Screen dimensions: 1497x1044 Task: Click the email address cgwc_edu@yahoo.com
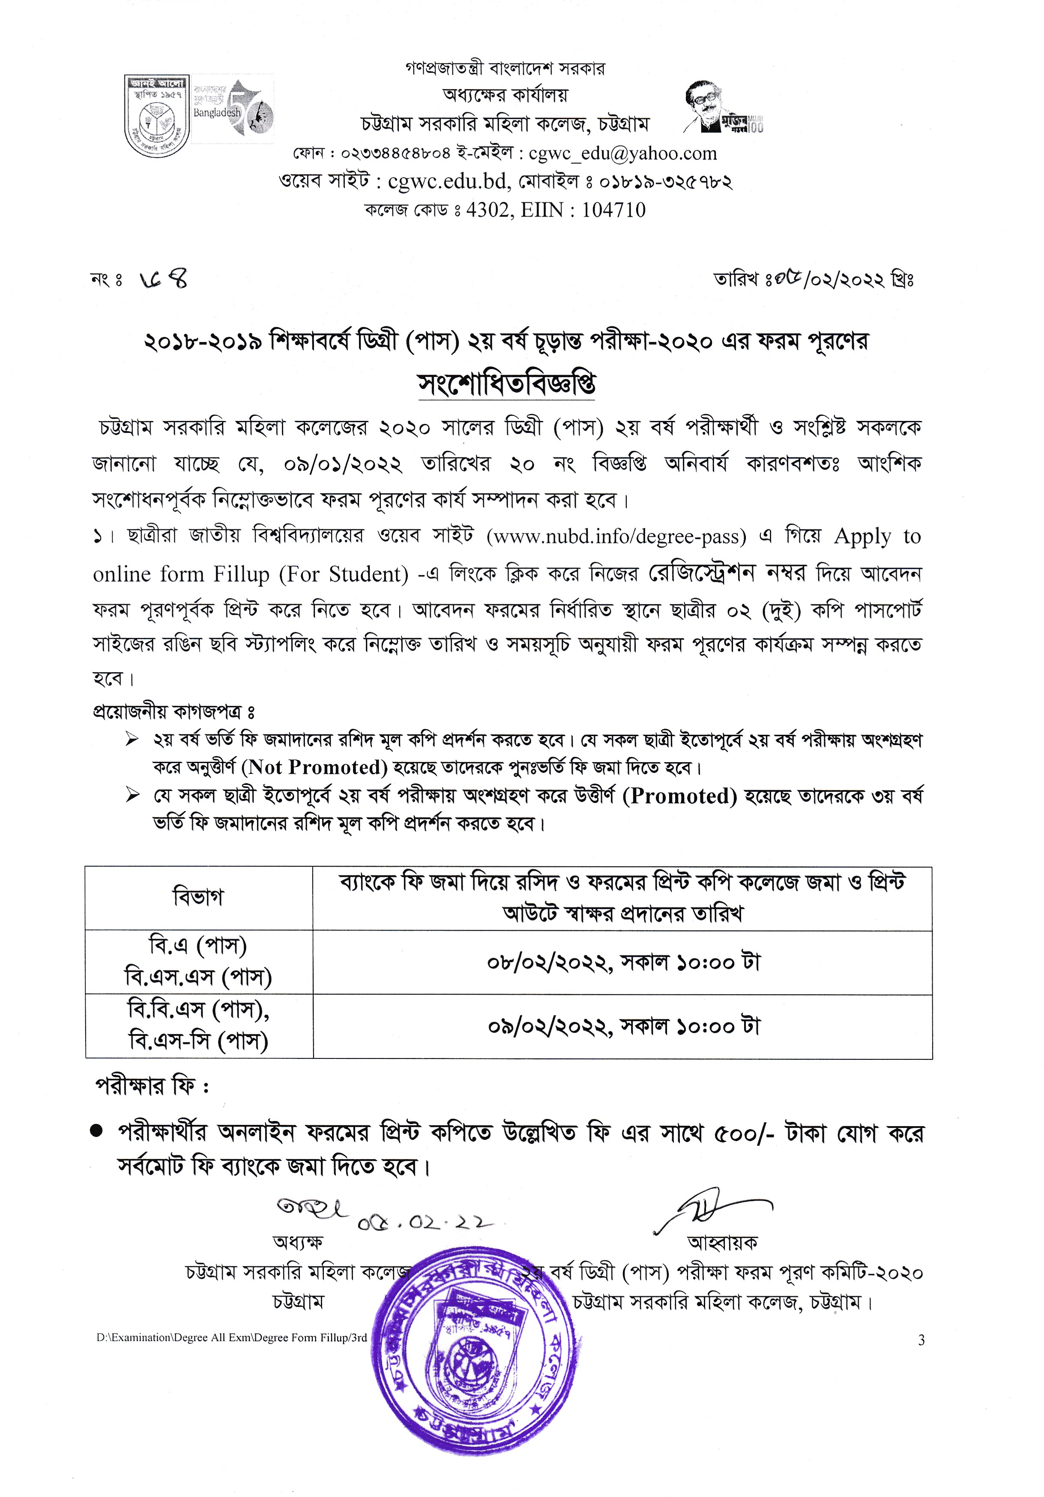[622, 154]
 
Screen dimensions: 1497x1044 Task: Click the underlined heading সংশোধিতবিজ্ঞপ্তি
[506, 384]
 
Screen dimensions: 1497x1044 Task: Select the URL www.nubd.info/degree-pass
[616, 537]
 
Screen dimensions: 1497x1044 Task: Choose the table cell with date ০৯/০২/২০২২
[622, 1026]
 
